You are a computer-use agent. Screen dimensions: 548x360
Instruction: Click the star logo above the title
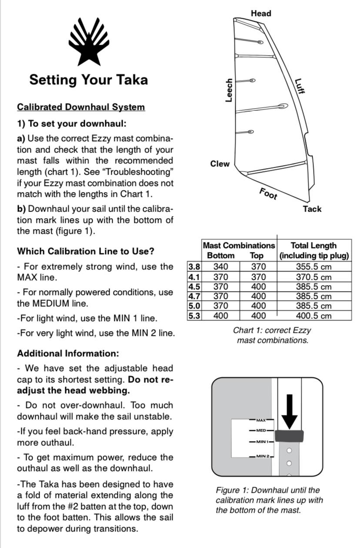click(x=89, y=41)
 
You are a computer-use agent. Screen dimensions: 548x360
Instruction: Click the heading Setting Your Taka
click(x=89, y=80)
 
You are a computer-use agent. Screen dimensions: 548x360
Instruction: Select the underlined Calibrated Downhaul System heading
click(x=81, y=107)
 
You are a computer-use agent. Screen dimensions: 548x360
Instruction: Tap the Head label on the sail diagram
click(x=261, y=13)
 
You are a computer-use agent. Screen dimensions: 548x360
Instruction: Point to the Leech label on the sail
click(x=229, y=90)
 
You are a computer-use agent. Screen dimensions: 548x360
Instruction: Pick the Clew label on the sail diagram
click(x=220, y=164)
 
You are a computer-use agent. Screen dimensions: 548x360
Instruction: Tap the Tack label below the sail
click(x=312, y=209)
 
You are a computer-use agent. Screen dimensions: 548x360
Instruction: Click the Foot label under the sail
click(x=268, y=194)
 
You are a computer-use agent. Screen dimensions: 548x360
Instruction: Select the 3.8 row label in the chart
click(x=194, y=266)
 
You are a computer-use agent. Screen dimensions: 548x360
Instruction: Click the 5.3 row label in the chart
click(x=194, y=316)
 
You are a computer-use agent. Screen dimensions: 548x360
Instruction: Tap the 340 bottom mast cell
click(x=220, y=266)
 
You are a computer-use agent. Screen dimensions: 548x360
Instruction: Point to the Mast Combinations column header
click(x=239, y=246)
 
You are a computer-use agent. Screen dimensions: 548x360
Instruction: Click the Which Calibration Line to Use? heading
click(x=85, y=251)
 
